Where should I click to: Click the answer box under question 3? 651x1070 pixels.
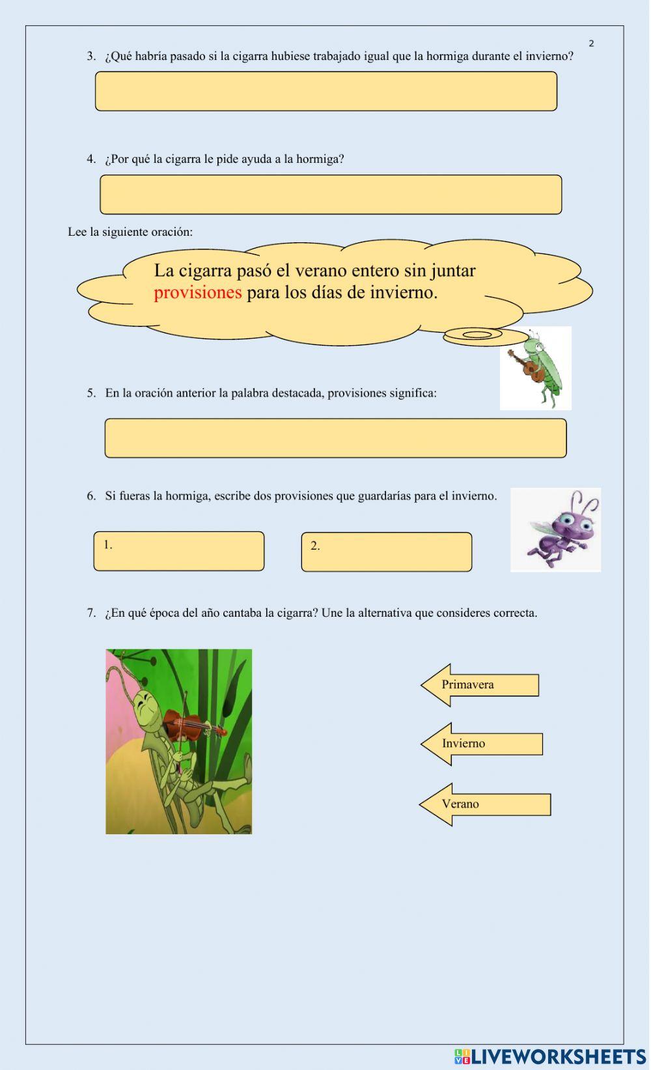(x=326, y=91)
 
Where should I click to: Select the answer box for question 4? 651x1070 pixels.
(x=331, y=195)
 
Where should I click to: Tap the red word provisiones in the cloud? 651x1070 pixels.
(x=198, y=292)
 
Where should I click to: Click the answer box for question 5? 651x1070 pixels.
(x=335, y=438)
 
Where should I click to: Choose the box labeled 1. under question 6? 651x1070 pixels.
(x=179, y=552)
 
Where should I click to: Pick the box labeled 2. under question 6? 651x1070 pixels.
(x=387, y=552)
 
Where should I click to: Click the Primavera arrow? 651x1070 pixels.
(x=480, y=685)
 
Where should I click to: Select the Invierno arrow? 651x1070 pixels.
(x=482, y=744)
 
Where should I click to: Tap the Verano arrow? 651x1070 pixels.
(x=485, y=804)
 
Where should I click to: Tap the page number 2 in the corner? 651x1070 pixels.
(x=591, y=44)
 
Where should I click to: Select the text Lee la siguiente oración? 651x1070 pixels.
(x=130, y=232)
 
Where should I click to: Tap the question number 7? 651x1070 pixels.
(x=91, y=613)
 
